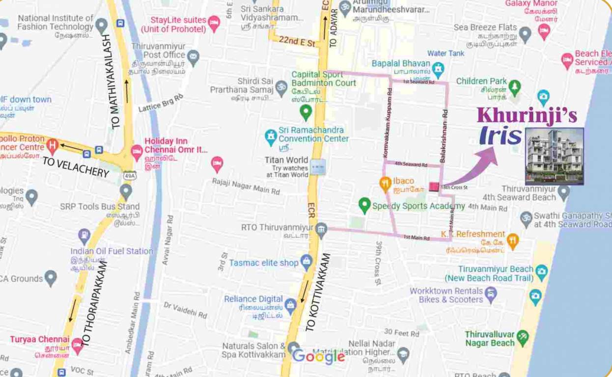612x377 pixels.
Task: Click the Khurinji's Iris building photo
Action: tap(554, 156)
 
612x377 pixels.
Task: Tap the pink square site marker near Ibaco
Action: tap(434, 187)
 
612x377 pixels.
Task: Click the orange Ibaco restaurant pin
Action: tap(385, 184)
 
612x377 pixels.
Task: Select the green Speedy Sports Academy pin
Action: tap(364, 205)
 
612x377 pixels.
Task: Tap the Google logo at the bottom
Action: tap(318, 357)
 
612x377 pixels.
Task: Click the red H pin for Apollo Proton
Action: tap(52, 145)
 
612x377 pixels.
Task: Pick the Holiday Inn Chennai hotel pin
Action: tap(137, 151)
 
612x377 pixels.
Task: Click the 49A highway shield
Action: tap(130, 175)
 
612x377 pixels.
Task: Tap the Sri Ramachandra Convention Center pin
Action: tap(271, 136)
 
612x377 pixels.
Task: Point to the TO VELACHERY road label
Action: tap(76, 167)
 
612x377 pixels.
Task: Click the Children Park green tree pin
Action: tap(514, 87)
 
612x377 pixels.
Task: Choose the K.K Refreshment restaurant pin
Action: tap(513, 241)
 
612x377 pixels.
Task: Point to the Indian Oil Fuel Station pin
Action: tap(84, 236)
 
